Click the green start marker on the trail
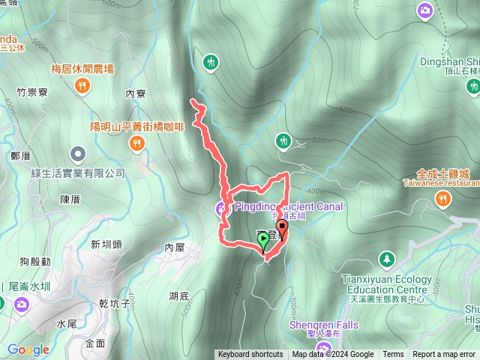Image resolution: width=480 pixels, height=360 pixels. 263,240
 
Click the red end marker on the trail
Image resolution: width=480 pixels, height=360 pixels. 283,227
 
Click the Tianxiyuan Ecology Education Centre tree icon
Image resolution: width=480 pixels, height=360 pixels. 387,259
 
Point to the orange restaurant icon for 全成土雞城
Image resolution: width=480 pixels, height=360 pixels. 443,199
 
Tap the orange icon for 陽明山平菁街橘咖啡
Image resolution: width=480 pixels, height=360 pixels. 136,142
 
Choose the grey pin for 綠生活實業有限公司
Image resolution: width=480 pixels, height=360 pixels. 77,155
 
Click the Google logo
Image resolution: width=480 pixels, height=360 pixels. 28,349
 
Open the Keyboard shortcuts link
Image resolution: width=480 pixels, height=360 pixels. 250,355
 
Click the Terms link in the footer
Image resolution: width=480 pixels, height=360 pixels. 393,355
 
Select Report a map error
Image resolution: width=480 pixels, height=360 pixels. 444,355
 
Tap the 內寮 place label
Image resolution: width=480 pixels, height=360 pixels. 135,94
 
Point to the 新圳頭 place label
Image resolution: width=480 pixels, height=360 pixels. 106,244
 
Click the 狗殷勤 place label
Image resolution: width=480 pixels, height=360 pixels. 35,261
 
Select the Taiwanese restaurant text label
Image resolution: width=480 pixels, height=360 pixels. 442,182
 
